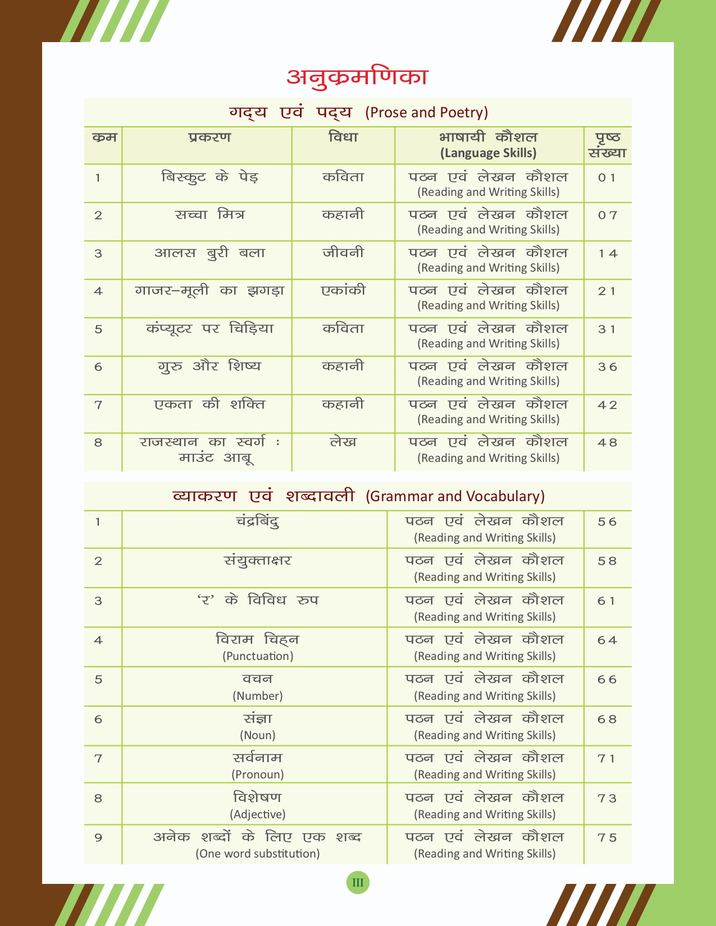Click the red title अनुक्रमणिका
pyautogui.click(x=357, y=76)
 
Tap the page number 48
pyautogui.click(x=607, y=443)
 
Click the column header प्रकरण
pyautogui.click(x=209, y=137)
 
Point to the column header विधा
pyautogui.click(x=343, y=137)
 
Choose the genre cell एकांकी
pyautogui.click(x=343, y=291)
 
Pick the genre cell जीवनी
pyautogui.click(x=343, y=253)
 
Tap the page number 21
pyautogui.click(x=607, y=291)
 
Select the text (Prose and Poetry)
pyautogui.click(x=426, y=112)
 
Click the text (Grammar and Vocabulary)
pyautogui.click(x=455, y=496)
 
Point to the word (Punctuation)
pyautogui.click(x=258, y=656)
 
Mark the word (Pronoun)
pyautogui.click(x=258, y=774)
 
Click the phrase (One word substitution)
pyautogui.click(x=258, y=854)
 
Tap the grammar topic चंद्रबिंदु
pyautogui.click(x=258, y=521)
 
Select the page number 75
pyautogui.click(x=607, y=838)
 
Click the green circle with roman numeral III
pyautogui.click(x=358, y=883)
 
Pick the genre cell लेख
pyautogui.click(x=343, y=442)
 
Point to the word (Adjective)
pyautogui.click(x=258, y=814)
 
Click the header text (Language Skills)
pyautogui.click(x=488, y=153)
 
